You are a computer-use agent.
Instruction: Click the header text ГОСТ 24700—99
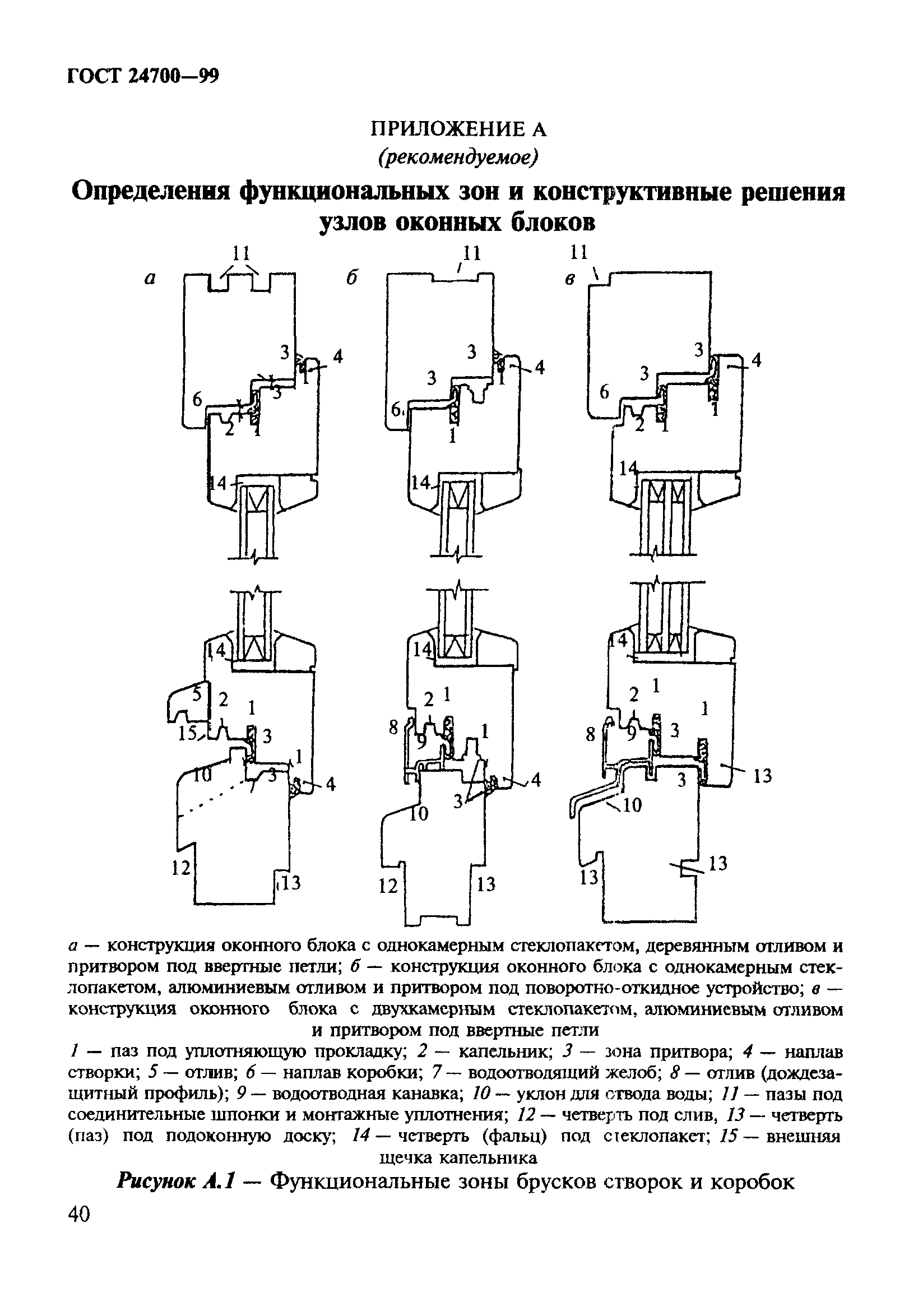[142, 76]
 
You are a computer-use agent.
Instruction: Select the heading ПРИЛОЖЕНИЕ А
[458, 129]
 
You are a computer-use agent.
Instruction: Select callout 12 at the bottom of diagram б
[389, 886]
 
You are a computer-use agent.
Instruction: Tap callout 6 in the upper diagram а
[197, 399]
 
